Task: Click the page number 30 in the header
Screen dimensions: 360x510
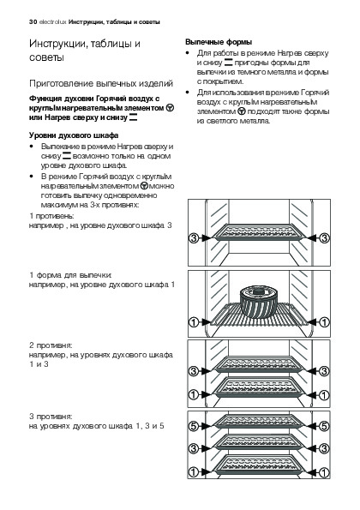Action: (x=33, y=22)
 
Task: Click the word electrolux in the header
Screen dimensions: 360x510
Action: (x=52, y=22)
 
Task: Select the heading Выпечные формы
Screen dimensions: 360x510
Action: (x=219, y=42)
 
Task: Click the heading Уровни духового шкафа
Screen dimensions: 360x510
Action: (x=74, y=135)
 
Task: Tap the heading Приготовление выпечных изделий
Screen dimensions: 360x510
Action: (x=101, y=84)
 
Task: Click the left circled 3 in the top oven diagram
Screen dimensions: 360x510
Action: (x=194, y=238)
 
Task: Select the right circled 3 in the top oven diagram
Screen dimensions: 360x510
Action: (x=324, y=238)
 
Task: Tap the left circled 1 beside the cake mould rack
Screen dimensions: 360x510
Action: (x=194, y=322)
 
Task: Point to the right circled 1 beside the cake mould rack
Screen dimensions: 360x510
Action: (x=324, y=322)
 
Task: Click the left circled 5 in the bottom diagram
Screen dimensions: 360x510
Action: (x=194, y=426)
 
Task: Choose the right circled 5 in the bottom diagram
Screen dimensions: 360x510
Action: (x=324, y=426)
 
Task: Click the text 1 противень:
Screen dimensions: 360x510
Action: (x=52, y=216)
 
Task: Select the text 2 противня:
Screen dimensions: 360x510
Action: (x=51, y=345)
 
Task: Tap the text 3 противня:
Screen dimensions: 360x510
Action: (x=51, y=417)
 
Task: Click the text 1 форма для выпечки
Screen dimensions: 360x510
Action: (x=70, y=275)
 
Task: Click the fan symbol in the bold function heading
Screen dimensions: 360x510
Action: (x=170, y=108)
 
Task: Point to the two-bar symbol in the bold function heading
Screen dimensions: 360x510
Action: (x=133, y=117)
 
